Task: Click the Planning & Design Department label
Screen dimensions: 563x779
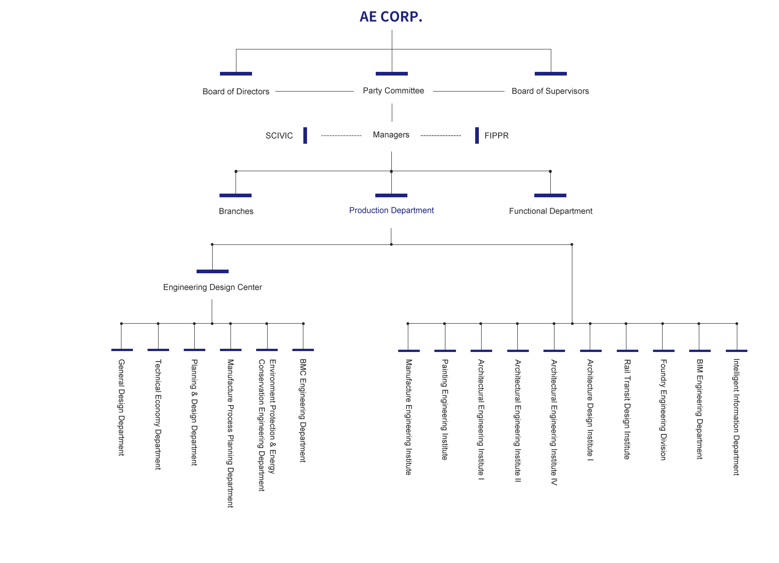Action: [x=194, y=412]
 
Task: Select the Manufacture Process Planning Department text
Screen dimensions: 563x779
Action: [x=230, y=433]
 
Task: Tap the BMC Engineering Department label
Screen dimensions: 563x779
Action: [x=303, y=410]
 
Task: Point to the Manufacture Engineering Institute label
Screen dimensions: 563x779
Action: [x=408, y=417]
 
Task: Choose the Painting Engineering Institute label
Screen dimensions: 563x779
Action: [x=444, y=409]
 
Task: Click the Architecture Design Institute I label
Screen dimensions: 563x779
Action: [x=590, y=410]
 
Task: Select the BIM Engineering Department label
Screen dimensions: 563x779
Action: [x=699, y=409]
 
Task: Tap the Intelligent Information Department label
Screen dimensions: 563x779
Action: [x=736, y=417]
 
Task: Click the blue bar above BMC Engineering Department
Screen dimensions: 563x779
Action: [x=303, y=350]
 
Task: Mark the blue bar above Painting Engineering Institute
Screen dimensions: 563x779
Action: [x=445, y=351]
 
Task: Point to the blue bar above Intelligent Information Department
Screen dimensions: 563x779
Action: [x=736, y=351]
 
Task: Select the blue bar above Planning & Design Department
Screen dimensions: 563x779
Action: [x=194, y=350]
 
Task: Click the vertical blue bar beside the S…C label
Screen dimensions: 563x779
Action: [x=305, y=135]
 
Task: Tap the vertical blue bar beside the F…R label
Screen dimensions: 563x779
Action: [x=477, y=135]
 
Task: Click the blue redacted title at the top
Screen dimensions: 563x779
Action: [x=391, y=17]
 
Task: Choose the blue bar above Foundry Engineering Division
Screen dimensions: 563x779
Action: [x=664, y=351]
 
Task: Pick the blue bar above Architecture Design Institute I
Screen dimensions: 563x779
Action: [x=591, y=351]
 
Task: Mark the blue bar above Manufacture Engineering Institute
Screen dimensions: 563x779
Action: [x=409, y=351]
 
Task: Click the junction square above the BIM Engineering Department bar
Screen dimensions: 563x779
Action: [x=698, y=324]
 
